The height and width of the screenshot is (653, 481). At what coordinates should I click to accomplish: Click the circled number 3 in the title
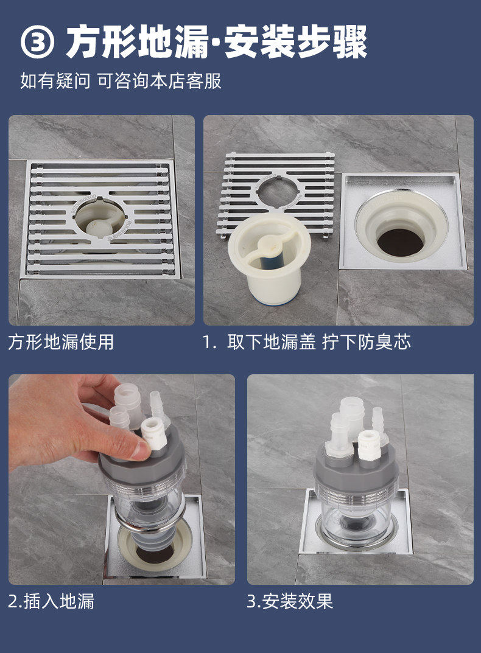37,43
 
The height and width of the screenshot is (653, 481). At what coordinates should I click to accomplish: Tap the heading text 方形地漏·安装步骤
217,42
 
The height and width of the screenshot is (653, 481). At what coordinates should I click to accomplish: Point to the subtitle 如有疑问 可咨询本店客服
121,81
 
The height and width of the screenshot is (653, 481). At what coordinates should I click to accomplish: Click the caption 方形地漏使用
61,342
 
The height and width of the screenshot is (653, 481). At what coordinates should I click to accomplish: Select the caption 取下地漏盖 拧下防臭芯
319,342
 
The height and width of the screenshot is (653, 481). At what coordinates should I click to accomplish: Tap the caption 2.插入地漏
51,601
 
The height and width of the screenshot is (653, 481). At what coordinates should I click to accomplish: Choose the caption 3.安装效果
290,601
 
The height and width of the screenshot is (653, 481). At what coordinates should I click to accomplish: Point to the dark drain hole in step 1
401,242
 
